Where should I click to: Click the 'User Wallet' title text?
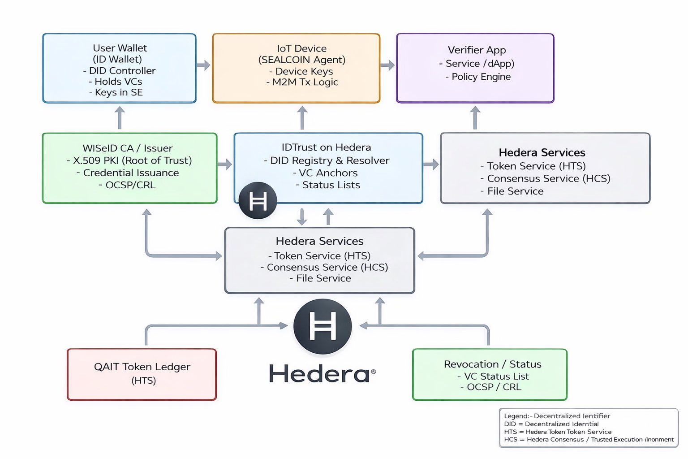click(x=120, y=48)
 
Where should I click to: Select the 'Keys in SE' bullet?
click(x=116, y=92)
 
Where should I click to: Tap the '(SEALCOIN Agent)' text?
click(x=302, y=60)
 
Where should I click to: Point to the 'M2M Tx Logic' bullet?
click(x=302, y=82)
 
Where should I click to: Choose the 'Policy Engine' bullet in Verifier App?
click(x=478, y=77)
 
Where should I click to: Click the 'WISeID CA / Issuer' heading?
click(x=128, y=148)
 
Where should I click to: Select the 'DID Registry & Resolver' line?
click(x=327, y=160)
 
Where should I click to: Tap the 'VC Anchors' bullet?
click(x=325, y=173)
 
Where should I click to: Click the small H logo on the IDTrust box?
click(x=258, y=201)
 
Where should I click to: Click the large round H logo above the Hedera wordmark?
click(x=322, y=326)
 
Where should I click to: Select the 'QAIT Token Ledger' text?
click(x=142, y=367)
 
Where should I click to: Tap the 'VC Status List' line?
click(x=493, y=376)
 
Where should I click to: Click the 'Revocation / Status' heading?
click(x=493, y=364)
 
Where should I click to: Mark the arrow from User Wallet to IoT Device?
click(x=203, y=65)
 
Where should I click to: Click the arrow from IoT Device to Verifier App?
click(x=387, y=65)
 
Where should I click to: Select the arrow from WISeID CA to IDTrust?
click(x=225, y=164)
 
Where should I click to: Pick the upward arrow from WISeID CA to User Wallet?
click(x=120, y=118)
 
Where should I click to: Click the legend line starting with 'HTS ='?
click(x=558, y=432)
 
